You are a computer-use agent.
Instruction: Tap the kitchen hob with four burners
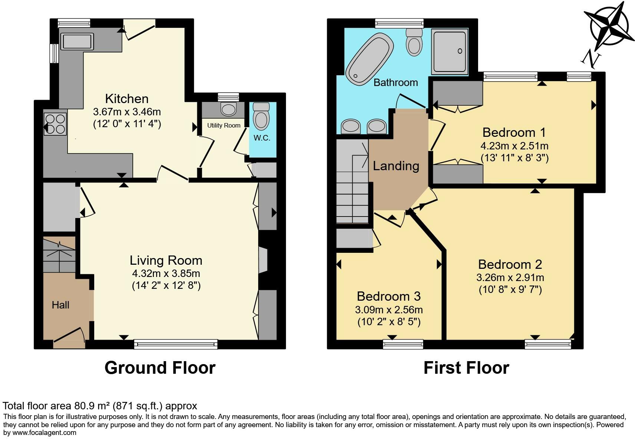click(x=55, y=123)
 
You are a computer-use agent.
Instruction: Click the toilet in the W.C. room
click(x=261, y=116)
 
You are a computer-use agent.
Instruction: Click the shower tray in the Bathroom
click(x=450, y=52)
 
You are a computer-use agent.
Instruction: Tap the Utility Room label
click(x=224, y=125)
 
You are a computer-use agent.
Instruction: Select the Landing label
click(x=396, y=166)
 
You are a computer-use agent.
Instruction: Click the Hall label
click(x=60, y=305)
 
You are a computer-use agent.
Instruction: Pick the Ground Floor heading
click(x=160, y=368)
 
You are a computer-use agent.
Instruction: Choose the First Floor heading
click(x=466, y=368)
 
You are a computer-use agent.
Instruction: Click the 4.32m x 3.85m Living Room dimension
click(x=166, y=274)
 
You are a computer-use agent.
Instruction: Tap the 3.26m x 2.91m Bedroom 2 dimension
click(x=510, y=277)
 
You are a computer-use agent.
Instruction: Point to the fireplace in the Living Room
click(x=262, y=260)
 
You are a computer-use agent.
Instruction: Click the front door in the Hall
click(x=69, y=336)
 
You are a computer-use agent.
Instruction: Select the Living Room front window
click(x=176, y=344)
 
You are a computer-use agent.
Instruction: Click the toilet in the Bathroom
click(x=414, y=42)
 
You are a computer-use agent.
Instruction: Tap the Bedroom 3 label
click(x=388, y=296)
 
